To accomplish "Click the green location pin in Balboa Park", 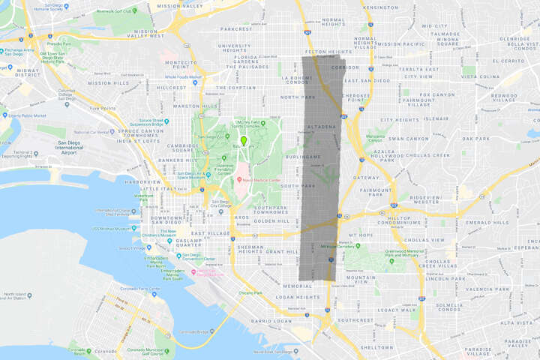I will point(244,139).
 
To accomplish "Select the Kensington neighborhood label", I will point(379,7).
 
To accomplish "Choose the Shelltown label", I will point(376,347).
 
